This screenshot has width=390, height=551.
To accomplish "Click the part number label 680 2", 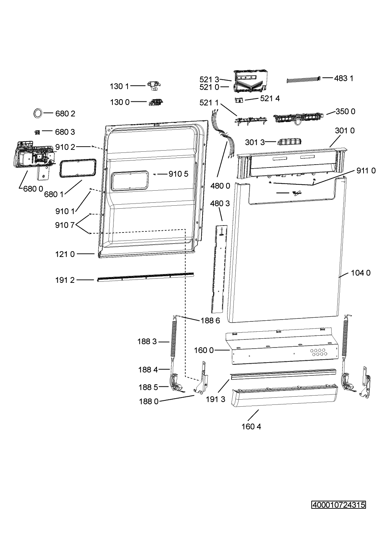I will pos(65,114).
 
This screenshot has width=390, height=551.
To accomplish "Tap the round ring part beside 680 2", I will pos(37,113).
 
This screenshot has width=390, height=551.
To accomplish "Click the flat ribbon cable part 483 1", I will pos(304,79).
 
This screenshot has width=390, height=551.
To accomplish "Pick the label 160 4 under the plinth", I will pos(251,426).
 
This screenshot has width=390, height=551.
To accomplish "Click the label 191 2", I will pos(65,280).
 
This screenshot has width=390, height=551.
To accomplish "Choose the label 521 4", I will pos(270,98).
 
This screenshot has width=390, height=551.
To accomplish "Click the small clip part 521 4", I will pos(239,100).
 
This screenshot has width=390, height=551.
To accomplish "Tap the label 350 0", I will pos(345,111).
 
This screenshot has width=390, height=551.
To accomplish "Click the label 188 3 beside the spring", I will pos(147,342).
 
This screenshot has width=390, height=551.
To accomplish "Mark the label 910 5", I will pos(178,174).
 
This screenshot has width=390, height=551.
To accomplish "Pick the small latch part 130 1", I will pos(154,86).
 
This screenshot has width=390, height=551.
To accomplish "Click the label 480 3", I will pos(220,204).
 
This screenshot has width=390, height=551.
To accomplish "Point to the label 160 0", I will pos(204,350).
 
